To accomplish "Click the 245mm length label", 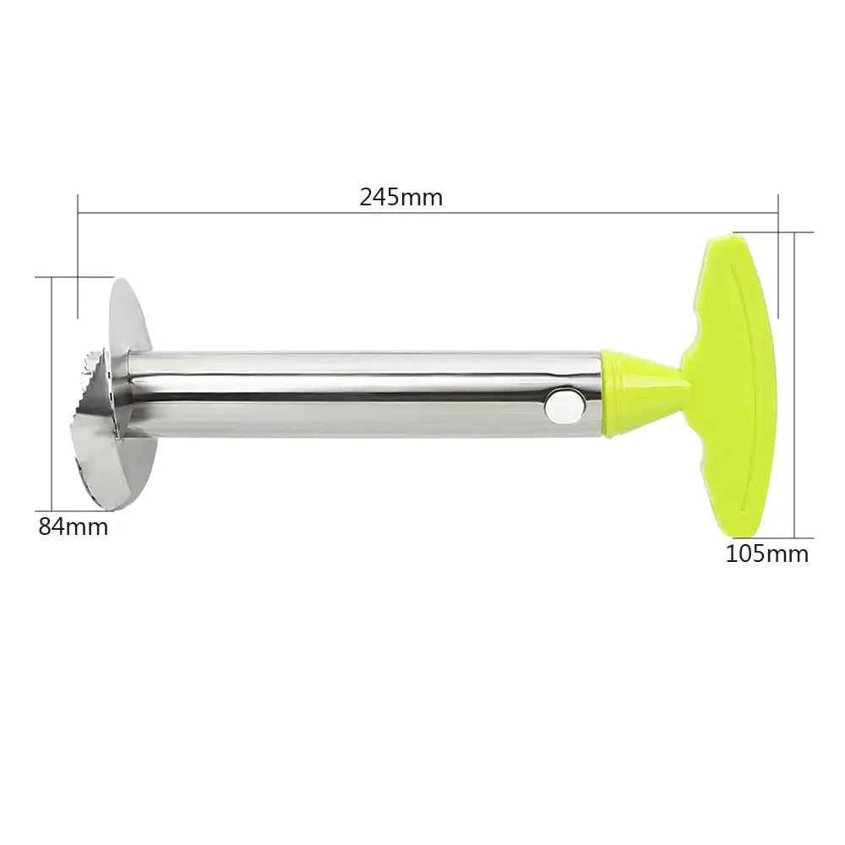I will point(401,198).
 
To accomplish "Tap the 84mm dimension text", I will point(73,526).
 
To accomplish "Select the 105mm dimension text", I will point(766,554).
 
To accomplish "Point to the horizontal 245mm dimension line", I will point(422,213).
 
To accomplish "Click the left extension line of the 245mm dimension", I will point(78,253).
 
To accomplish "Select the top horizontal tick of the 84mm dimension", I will point(74,275).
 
